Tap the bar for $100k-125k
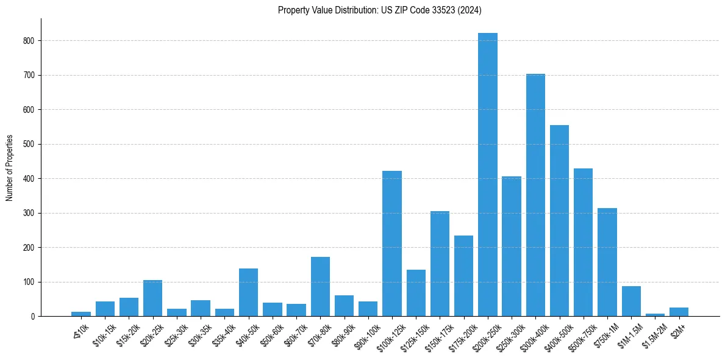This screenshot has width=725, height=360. point(392,243)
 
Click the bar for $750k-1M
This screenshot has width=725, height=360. point(607,262)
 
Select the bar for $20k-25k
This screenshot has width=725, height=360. point(152,298)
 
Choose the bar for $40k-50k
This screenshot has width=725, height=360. point(248,292)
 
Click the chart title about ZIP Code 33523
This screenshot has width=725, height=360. point(380,10)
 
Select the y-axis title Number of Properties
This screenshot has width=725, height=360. point(9,167)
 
